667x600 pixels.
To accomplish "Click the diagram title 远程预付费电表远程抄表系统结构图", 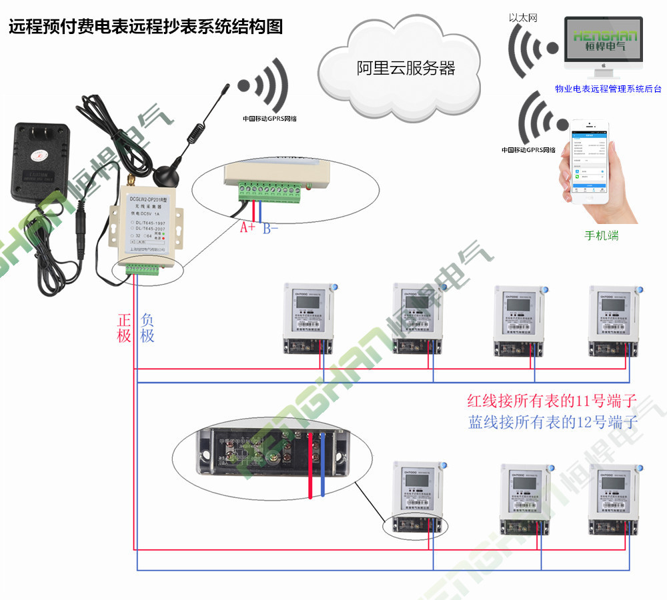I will pos(145,27).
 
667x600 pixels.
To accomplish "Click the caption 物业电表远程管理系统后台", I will pos(608,88).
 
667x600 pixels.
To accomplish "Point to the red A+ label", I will pos(247,228).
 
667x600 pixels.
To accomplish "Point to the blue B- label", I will pos(270,228).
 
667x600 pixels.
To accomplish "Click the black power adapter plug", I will pos(40,160).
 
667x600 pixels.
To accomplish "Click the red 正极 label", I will pos(124,327).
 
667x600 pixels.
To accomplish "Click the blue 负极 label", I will pos(147,327).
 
